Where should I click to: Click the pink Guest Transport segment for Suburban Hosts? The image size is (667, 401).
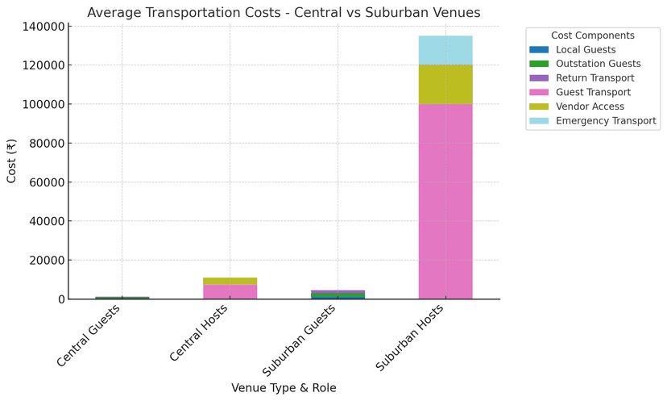tap(445, 202)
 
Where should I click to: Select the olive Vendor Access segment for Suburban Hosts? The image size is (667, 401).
tap(445, 85)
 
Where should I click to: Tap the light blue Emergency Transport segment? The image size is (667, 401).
tap(445, 50)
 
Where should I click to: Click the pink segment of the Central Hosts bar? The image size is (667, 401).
tap(230, 291)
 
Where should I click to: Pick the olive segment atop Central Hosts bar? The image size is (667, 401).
tap(230, 281)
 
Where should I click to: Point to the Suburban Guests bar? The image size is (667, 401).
tap(338, 294)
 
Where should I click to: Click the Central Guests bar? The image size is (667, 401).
tap(122, 298)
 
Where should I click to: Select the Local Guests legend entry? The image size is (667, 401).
tap(585, 50)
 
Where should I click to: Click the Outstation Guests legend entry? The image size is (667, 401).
tap(598, 64)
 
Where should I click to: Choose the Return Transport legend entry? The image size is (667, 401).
tap(594, 78)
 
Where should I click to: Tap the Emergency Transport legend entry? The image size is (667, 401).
tap(605, 121)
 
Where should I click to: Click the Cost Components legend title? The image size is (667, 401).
tap(592, 36)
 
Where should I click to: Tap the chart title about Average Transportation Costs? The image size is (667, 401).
tap(284, 12)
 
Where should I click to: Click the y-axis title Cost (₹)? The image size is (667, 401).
tap(12, 162)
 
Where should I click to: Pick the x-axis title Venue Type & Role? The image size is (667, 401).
tap(284, 387)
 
